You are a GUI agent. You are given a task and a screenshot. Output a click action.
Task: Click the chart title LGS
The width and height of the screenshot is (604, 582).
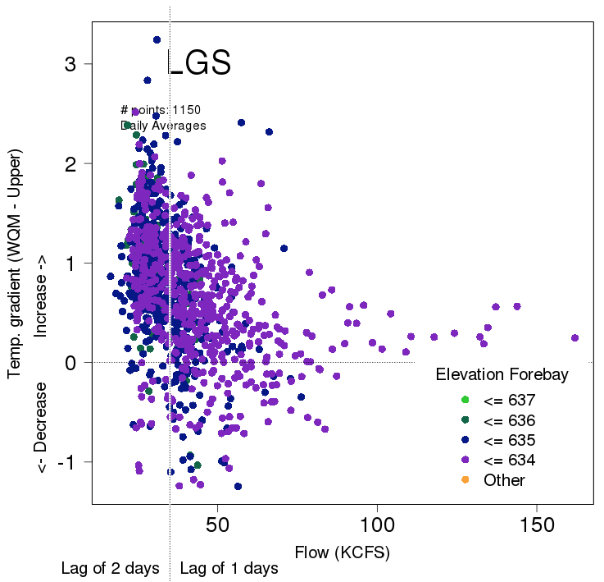(x=199, y=64)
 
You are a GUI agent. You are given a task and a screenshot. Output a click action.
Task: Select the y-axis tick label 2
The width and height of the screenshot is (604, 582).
(x=72, y=163)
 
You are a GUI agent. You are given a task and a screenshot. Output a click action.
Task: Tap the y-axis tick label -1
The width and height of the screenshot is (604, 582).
(x=68, y=462)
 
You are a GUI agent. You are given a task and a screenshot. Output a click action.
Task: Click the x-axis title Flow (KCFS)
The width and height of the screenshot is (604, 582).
(x=343, y=552)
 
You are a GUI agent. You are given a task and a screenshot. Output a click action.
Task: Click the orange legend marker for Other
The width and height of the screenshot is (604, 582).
(x=465, y=479)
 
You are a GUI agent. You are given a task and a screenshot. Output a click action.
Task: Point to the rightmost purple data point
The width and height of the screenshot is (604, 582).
(x=574, y=337)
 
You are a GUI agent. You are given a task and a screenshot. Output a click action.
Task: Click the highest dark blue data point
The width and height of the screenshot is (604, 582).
(x=157, y=39)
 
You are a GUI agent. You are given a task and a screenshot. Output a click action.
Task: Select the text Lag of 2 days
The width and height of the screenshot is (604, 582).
(x=110, y=568)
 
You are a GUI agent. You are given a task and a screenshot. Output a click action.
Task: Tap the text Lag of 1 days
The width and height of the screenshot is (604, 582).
(x=229, y=568)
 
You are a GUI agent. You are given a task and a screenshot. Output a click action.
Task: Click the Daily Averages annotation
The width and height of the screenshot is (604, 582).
(x=163, y=126)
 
